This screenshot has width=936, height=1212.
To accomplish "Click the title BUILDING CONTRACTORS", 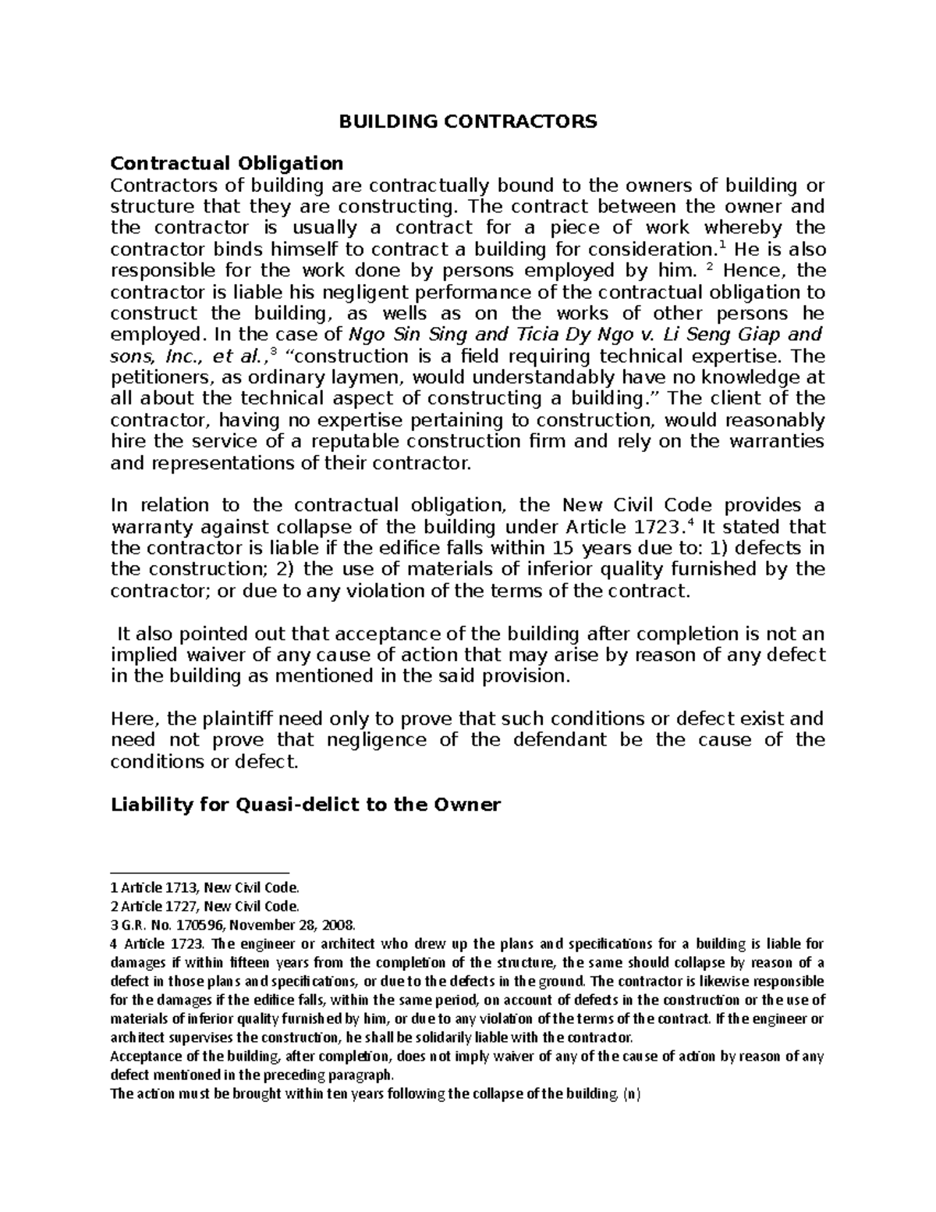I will [x=467, y=121].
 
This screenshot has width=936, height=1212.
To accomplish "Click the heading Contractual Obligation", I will [x=226, y=163].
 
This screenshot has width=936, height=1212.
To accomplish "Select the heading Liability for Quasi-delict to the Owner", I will [x=305, y=805].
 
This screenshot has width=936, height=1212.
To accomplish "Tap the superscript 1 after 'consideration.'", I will [x=710, y=244].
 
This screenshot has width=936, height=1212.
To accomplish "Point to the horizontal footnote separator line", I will [x=200, y=874].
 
